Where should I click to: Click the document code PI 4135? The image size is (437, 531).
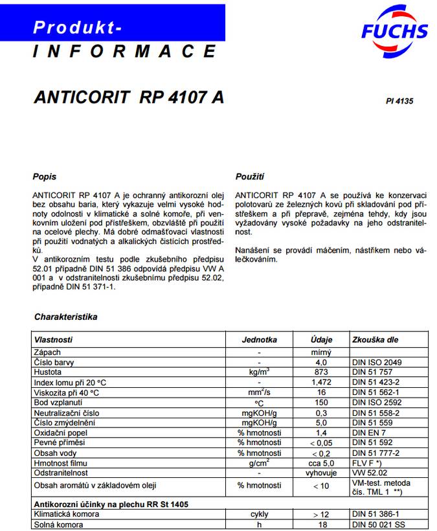(x=399, y=101)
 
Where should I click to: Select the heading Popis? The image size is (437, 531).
(x=44, y=177)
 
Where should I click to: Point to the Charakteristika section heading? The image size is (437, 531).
(x=65, y=317)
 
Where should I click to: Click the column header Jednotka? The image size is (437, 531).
(x=259, y=339)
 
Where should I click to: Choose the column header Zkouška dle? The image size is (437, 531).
(x=375, y=339)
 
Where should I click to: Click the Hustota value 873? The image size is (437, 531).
(x=321, y=372)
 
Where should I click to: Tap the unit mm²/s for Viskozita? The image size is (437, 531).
(x=259, y=392)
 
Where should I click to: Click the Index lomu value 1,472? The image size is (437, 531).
(x=321, y=382)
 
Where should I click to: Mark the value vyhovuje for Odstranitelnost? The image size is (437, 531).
(x=321, y=473)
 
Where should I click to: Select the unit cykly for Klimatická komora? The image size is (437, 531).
(x=259, y=514)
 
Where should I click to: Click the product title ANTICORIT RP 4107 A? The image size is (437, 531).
(x=128, y=98)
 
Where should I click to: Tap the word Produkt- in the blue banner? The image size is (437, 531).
(x=77, y=27)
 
